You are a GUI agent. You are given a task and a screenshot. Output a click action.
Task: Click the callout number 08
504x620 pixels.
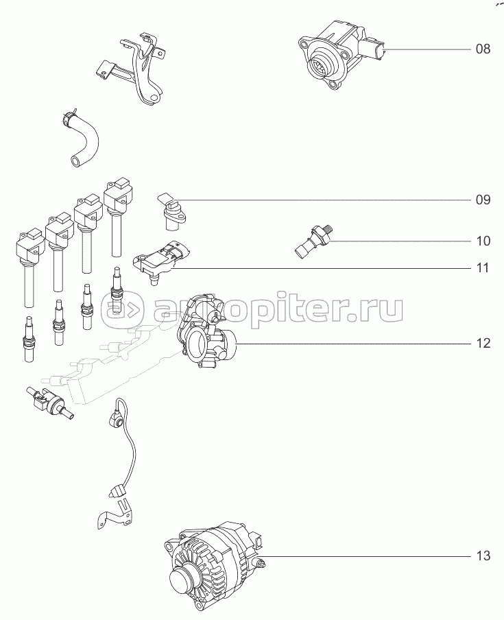[x=483, y=49]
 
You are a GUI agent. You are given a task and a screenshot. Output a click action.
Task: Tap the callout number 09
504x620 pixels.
[x=483, y=200]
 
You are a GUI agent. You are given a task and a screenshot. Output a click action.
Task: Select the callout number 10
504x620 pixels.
[x=483, y=241]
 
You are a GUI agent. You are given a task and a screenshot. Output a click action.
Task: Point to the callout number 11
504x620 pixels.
[x=483, y=268]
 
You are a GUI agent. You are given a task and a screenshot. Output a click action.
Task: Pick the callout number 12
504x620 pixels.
[x=483, y=343]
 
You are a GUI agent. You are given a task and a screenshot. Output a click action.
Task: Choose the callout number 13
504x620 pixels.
[x=483, y=556]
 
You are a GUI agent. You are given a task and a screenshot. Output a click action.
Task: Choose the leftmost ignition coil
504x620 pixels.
[x=29, y=265]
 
